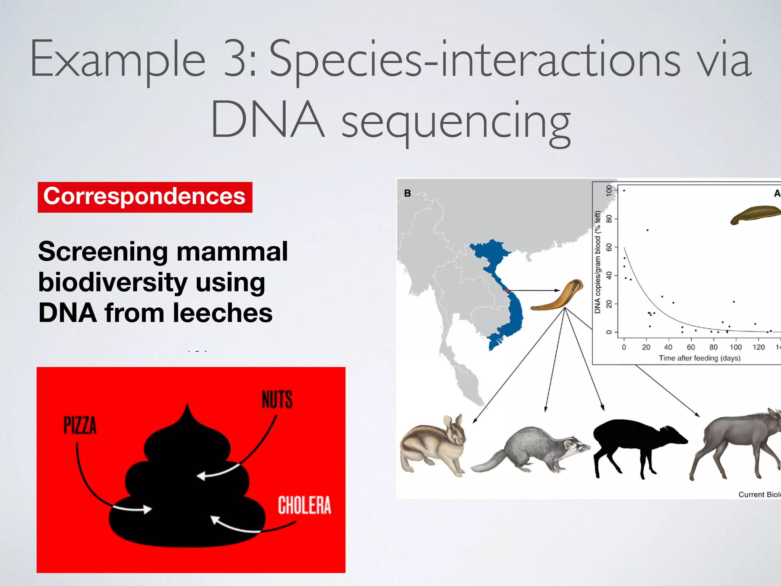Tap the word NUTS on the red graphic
[277, 400]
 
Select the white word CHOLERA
[304, 505]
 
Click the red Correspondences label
[145, 197]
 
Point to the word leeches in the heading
[223, 313]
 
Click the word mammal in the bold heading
[232, 252]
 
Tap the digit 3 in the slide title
[235, 59]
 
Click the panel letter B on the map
[407, 193]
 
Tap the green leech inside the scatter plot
[755, 215]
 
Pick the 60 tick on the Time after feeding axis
[691, 347]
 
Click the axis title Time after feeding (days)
[699, 358]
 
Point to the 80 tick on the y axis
[609, 219]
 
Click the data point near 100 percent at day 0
[624, 190]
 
